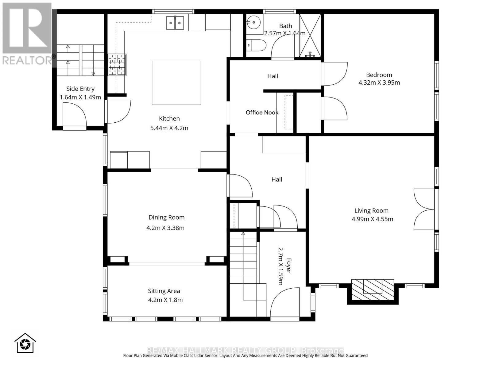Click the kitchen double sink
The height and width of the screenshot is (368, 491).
pyautogui.click(x=175, y=23)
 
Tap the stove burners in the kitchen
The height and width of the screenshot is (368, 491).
pyautogui.click(x=117, y=65)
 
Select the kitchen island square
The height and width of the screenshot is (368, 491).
pyautogui.click(x=176, y=83)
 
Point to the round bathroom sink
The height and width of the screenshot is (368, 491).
pyautogui.click(x=253, y=22)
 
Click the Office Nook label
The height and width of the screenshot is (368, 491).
pyautogui.click(x=262, y=113)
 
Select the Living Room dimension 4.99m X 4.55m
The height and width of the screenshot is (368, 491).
pyautogui.click(x=372, y=219)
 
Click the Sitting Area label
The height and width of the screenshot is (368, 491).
pyautogui.click(x=164, y=291)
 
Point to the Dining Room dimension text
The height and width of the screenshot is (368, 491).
pyautogui.click(x=165, y=228)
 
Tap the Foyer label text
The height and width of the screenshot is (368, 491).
pyautogui.click(x=288, y=266)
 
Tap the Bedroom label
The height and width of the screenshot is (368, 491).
pyautogui.click(x=379, y=75)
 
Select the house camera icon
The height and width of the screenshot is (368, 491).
pyautogui.click(x=25, y=343)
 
